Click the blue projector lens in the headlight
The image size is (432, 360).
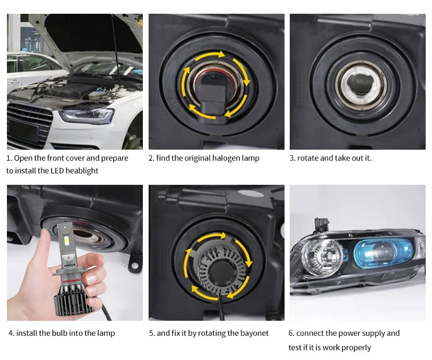pyautogui.click(x=383, y=252)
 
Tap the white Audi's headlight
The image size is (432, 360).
pyautogui.click(x=87, y=116)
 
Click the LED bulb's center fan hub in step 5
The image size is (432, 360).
pyautogui.click(x=218, y=270)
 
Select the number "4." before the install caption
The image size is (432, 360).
pyautogui.click(x=12, y=334)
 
